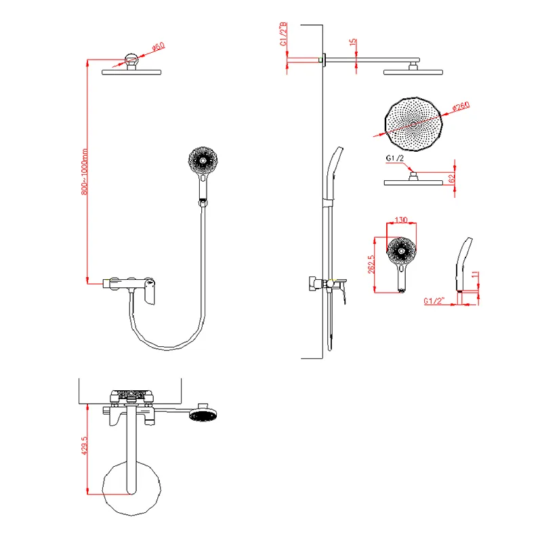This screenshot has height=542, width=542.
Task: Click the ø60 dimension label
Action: tap(159, 47)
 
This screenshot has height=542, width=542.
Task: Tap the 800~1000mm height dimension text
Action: tap(84, 172)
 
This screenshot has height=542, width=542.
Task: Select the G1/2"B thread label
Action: tap(283, 34)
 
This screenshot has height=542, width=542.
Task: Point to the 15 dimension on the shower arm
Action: tap(352, 42)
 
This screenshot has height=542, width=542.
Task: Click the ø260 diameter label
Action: tap(461, 106)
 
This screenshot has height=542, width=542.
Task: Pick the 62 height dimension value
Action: tap(451, 179)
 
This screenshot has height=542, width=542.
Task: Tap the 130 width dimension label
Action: tap(401, 220)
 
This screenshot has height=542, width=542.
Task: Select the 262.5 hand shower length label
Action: tap(371, 264)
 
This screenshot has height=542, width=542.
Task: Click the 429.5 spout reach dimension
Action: tap(84, 445)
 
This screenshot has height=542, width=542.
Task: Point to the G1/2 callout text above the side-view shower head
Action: tap(395, 159)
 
